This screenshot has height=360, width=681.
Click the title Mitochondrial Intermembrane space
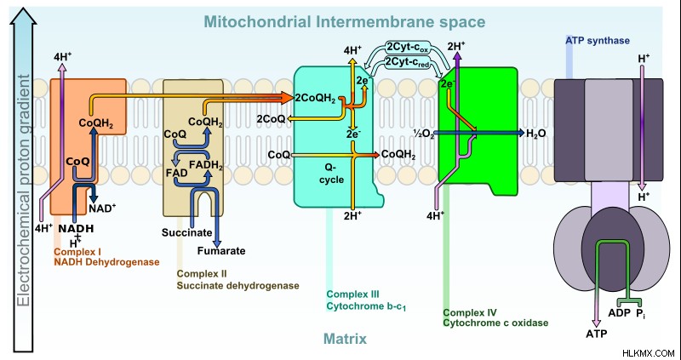(x=345, y=21)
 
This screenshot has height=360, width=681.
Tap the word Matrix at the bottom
(x=345, y=339)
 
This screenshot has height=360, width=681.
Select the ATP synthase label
(x=598, y=41)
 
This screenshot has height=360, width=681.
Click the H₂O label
(x=536, y=134)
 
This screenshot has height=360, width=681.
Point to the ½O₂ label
(x=423, y=134)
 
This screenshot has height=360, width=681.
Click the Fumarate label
(x=221, y=251)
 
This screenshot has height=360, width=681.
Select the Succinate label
(x=186, y=232)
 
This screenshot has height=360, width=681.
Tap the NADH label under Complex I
(x=76, y=228)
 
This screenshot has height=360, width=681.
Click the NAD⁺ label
(x=102, y=208)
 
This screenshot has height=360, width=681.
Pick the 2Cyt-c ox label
(x=408, y=48)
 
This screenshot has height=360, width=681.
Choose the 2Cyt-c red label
(x=408, y=63)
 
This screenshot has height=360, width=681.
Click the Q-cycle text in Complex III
(x=335, y=173)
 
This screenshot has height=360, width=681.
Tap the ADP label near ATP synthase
(x=619, y=312)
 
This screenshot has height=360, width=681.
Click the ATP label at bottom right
(x=597, y=334)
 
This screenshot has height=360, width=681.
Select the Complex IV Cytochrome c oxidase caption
(x=495, y=318)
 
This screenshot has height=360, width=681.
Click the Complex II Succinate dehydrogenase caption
(x=238, y=280)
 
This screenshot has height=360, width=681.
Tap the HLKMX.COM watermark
(x=649, y=353)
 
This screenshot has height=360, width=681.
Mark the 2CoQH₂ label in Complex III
(x=315, y=99)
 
